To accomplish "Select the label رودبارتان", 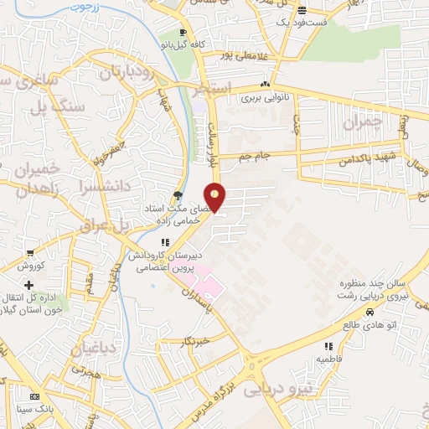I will pyautogui.click(x=128, y=74).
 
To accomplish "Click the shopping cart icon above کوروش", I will pyautogui.click(x=31, y=253).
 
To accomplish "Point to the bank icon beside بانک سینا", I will pyautogui.click(x=34, y=396).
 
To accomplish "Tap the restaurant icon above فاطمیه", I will pyautogui.click(x=328, y=346).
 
